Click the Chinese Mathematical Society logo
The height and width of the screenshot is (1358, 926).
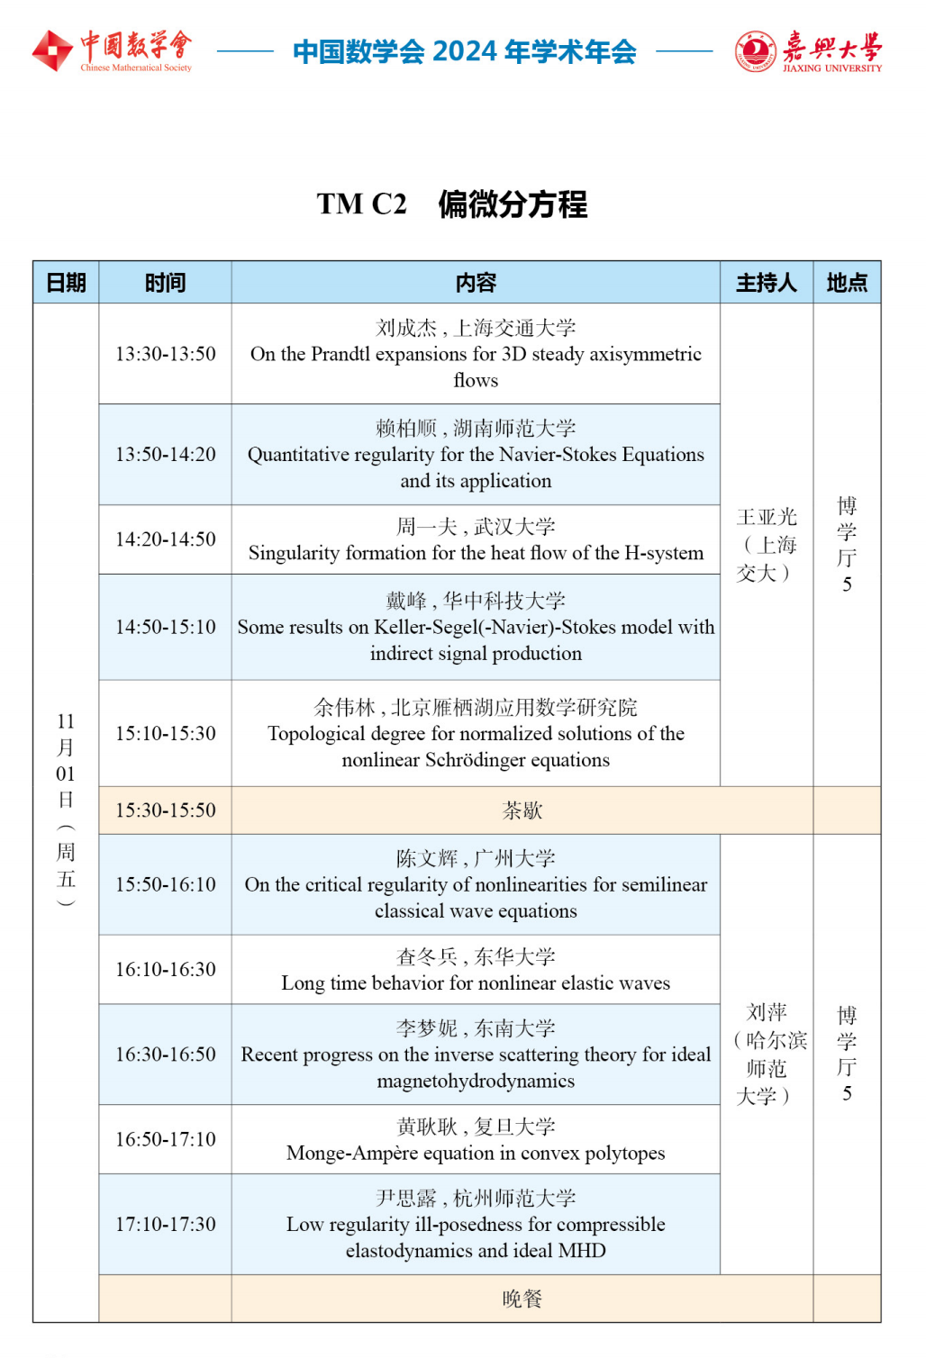click(x=112, y=50)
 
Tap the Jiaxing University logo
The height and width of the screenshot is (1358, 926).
click(x=808, y=51)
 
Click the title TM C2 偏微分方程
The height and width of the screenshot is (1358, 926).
click(x=451, y=204)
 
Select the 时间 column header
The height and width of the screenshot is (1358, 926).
click(x=165, y=283)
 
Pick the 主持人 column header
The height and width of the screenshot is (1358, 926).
click(x=766, y=283)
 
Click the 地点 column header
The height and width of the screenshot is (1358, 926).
click(x=846, y=283)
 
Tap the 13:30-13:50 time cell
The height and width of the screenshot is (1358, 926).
click(x=166, y=354)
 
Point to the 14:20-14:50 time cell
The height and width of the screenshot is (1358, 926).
click(x=166, y=539)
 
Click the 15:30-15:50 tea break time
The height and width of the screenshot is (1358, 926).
click(x=166, y=810)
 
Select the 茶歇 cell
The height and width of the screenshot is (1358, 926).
click(x=522, y=810)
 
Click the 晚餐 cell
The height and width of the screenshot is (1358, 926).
click(x=522, y=1299)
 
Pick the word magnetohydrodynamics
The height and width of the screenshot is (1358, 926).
click(x=476, y=1081)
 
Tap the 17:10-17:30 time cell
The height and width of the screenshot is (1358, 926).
click(x=166, y=1225)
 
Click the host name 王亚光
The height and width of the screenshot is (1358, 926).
click(x=767, y=517)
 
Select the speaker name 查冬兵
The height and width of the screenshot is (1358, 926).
click(x=427, y=956)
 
